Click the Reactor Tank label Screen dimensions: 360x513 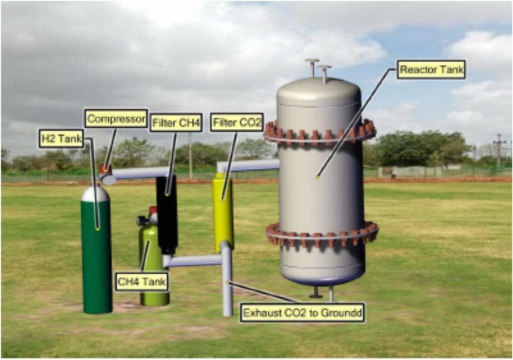[x=431, y=69]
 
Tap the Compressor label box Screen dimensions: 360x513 [x=115, y=119]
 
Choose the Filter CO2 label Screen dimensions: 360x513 [x=236, y=122]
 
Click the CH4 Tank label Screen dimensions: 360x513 [x=141, y=281]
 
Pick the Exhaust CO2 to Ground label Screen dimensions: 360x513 [x=303, y=312]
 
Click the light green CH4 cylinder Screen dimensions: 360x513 [x=153, y=267]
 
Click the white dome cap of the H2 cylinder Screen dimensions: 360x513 [x=95, y=194]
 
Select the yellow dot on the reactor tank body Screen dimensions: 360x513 [x=317, y=177]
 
